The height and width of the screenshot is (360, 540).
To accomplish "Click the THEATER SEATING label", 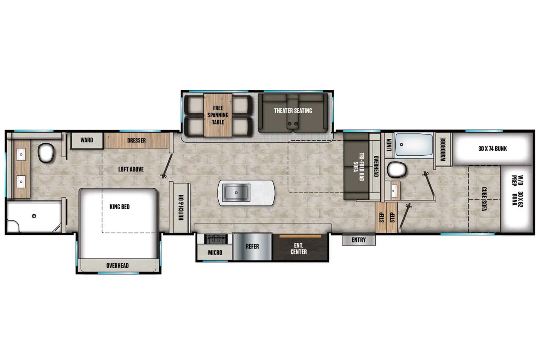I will (x=293, y=111).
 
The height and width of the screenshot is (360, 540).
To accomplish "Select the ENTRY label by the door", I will (x=358, y=240).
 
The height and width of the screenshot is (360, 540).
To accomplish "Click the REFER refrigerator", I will (x=252, y=247).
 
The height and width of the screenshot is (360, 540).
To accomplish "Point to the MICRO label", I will (x=215, y=252).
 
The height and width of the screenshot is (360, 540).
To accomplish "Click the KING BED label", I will (x=120, y=207).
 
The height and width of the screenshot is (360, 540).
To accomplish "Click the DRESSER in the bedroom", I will (x=137, y=140).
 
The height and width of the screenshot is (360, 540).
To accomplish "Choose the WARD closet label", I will (x=86, y=140).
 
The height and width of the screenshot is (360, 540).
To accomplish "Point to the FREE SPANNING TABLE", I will (x=218, y=115).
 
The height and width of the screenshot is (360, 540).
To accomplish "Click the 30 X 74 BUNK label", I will (x=493, y=148).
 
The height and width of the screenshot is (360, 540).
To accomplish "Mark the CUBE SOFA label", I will (x=484, y=199).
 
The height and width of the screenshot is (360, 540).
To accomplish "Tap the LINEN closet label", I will (x=389, y=145).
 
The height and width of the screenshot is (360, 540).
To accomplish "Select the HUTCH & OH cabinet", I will (x=180, y=207).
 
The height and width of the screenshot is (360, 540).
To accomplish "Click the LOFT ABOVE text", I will (x=131, y=169).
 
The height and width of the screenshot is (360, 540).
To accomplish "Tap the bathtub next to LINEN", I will (x=414, y=145).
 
